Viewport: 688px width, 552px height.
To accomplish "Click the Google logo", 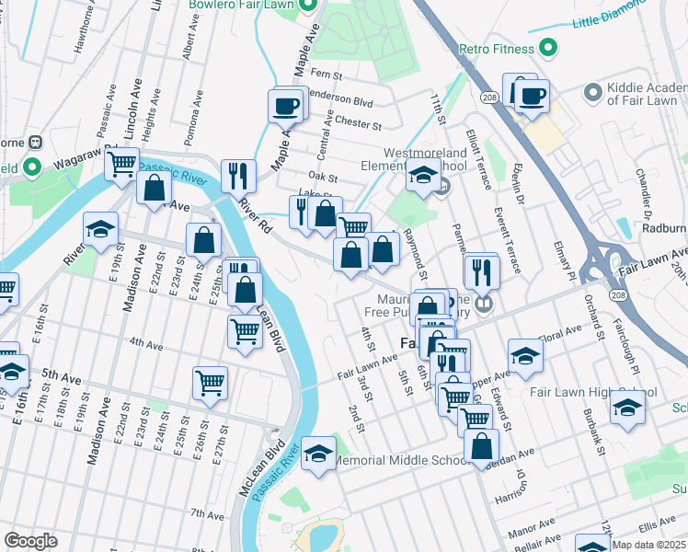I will [30, 540].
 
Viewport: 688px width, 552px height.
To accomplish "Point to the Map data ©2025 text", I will [648, 545].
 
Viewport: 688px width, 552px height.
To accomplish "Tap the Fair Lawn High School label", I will [593, 392].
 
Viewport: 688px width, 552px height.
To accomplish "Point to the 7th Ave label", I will [201, 512].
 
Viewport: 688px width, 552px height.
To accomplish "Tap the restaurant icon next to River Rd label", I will [238, 176].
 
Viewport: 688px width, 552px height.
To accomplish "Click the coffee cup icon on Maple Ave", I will [286, 104].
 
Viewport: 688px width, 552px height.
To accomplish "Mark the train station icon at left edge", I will [37, 144].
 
